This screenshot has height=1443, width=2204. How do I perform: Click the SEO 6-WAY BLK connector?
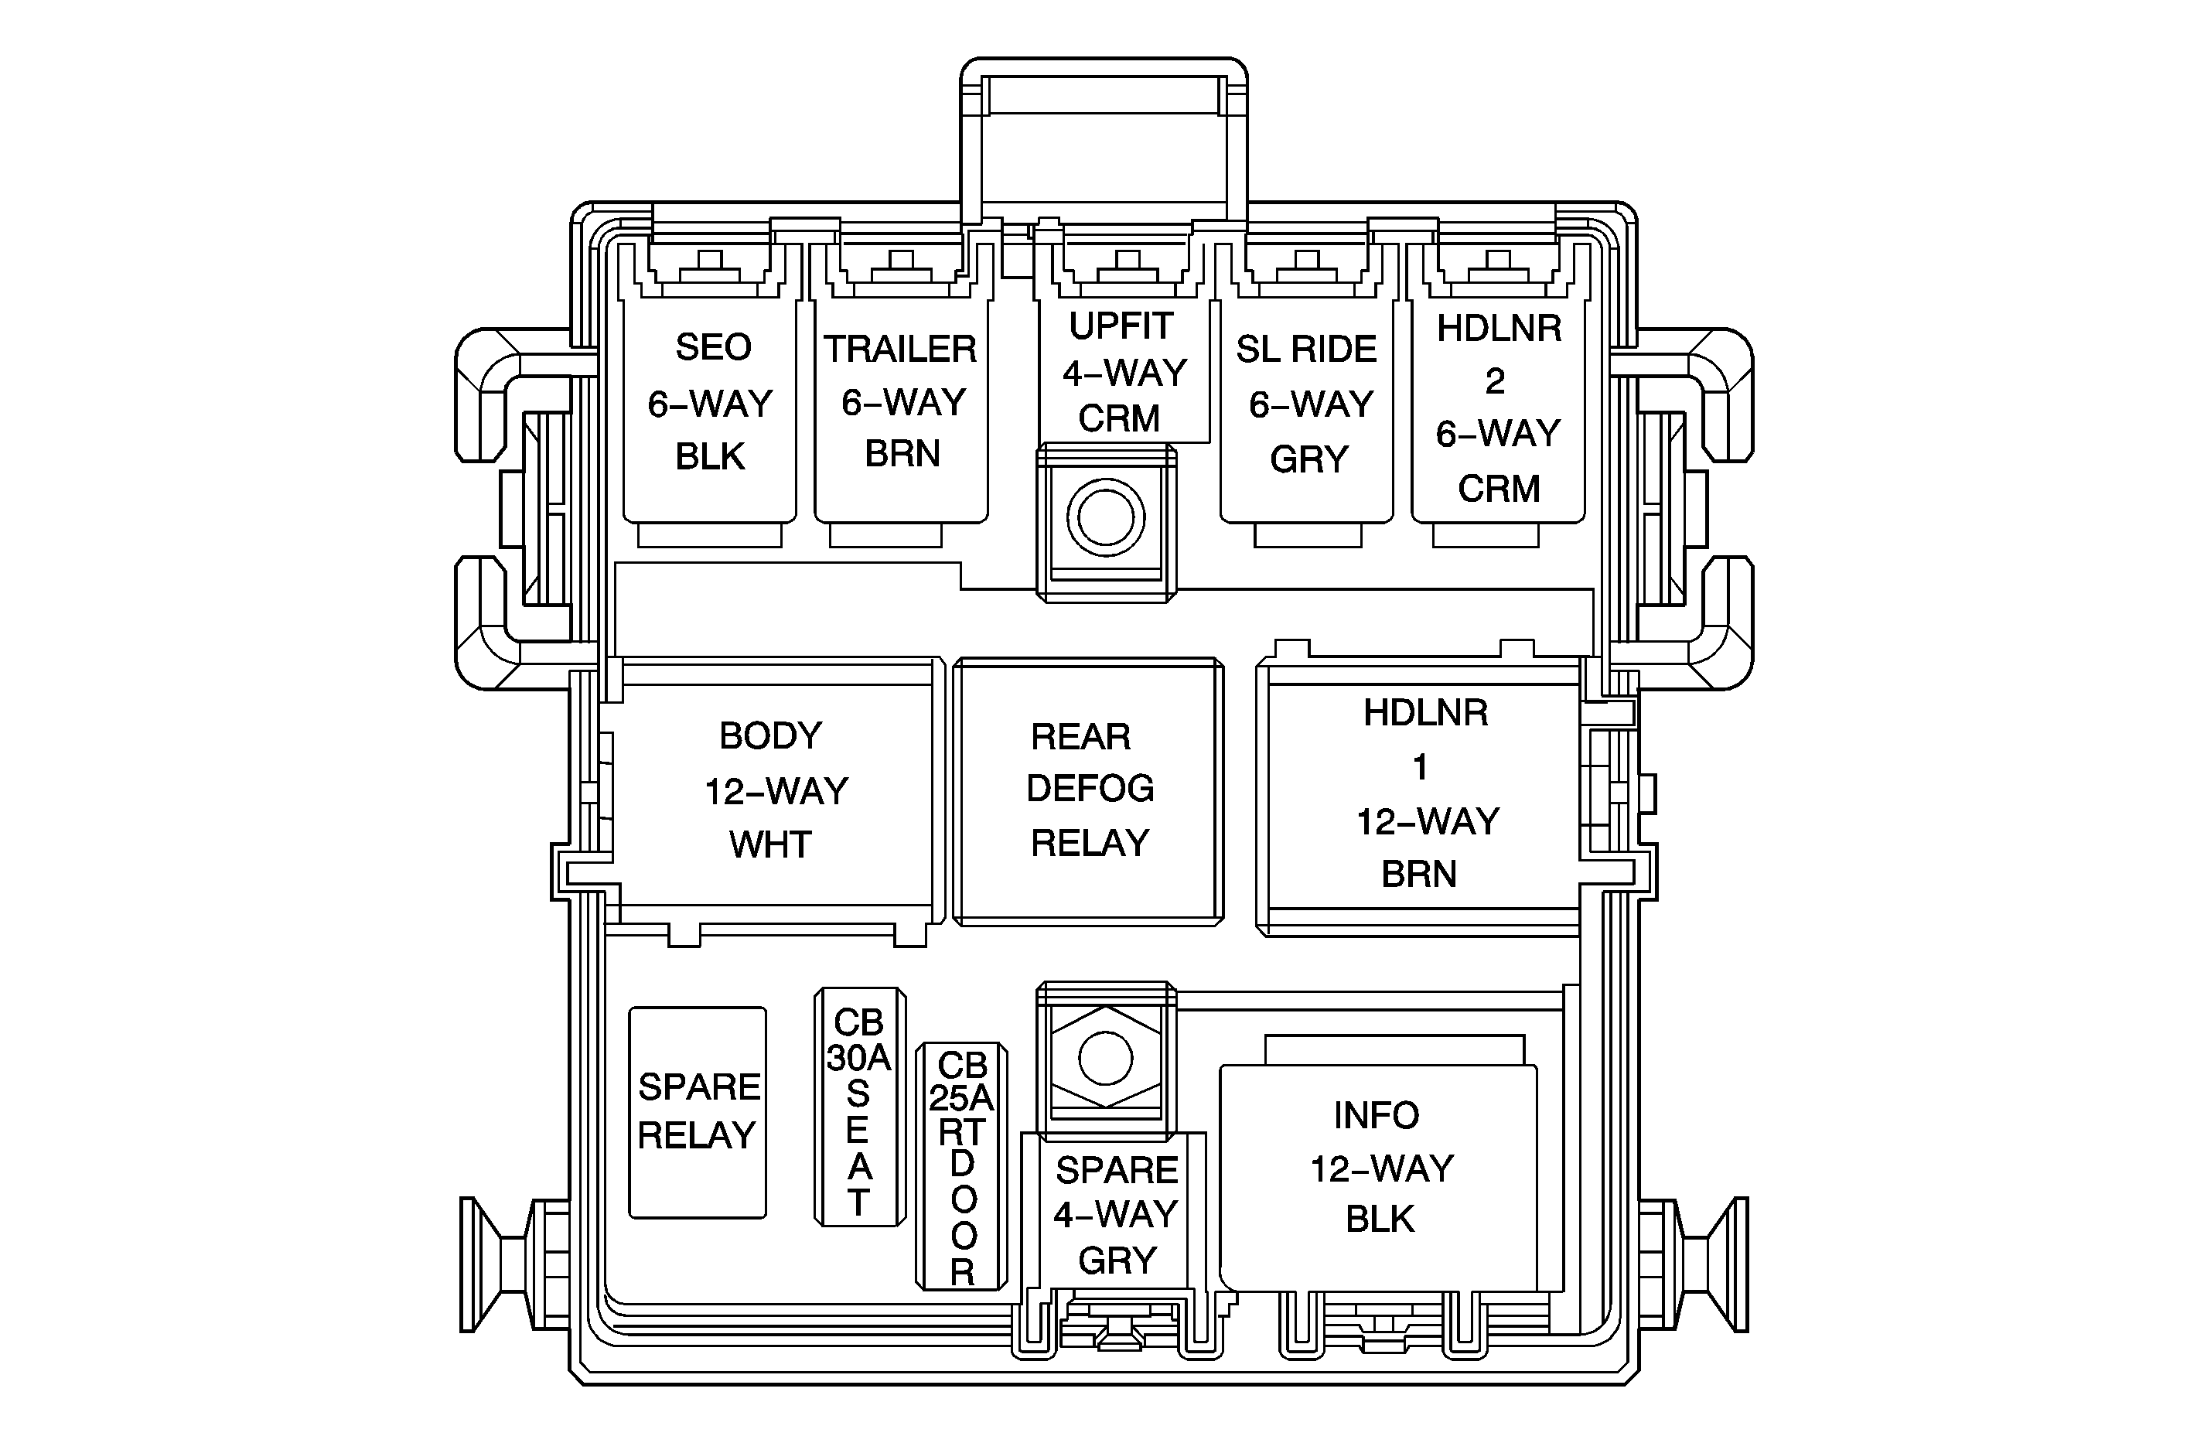pos(710,403)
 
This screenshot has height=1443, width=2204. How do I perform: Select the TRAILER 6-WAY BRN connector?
pos(901,403)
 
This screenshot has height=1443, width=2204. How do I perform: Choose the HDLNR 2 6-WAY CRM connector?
pos(1497,408)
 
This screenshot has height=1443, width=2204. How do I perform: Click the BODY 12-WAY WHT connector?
pos(773,790)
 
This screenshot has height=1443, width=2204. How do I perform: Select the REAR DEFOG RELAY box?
pos(1089,790)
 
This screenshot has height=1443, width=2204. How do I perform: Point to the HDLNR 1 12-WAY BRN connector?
pos(1422,793)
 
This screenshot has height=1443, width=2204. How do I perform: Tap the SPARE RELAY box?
pos(698,1111)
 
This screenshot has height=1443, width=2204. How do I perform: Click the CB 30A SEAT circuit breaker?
pos(859,1107)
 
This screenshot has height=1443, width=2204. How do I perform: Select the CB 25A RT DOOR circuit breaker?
pos(961,1166)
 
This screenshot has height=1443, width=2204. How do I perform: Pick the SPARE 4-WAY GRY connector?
pos(1116,1214)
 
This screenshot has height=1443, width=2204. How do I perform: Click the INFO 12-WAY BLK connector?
pos(1380,1168)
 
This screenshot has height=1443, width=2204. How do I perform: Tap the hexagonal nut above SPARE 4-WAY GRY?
pos(1106,1058)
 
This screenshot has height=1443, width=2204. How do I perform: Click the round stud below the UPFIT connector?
pos(1106,517)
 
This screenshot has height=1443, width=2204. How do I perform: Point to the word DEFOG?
pos(1090,789)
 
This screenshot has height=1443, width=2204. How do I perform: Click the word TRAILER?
pos(901,350)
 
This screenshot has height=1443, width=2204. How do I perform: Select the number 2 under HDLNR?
pos(1495,380)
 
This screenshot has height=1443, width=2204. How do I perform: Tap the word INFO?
pos(1376,1115)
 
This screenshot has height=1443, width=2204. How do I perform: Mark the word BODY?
pos(770,736)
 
